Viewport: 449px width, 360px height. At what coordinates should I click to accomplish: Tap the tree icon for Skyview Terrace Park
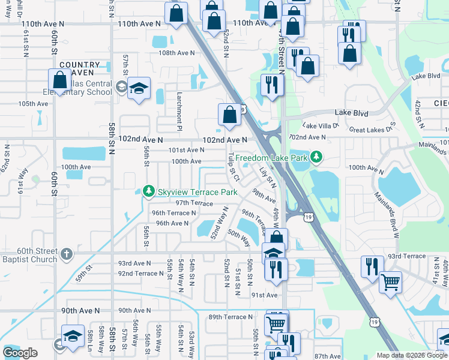click(148, 191)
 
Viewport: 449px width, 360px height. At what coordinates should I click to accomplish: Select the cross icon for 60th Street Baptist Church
click(67, 253)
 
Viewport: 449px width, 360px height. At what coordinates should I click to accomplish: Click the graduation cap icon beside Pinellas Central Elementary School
click(139, 88)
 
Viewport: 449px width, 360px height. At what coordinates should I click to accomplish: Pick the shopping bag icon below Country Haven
click(59, 79)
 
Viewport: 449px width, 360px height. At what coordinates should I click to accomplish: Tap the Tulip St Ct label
click(234, 167)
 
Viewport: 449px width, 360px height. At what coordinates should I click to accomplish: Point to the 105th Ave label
click(33, 104)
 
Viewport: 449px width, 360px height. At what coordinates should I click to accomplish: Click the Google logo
click(20, 353)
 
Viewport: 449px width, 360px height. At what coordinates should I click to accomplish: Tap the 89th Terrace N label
click(231, 317)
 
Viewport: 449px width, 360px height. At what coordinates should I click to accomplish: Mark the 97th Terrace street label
click(194, 203)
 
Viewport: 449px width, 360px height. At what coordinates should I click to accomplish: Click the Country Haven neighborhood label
click(79, 68)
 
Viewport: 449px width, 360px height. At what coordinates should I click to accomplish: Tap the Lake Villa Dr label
click(321, 125)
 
